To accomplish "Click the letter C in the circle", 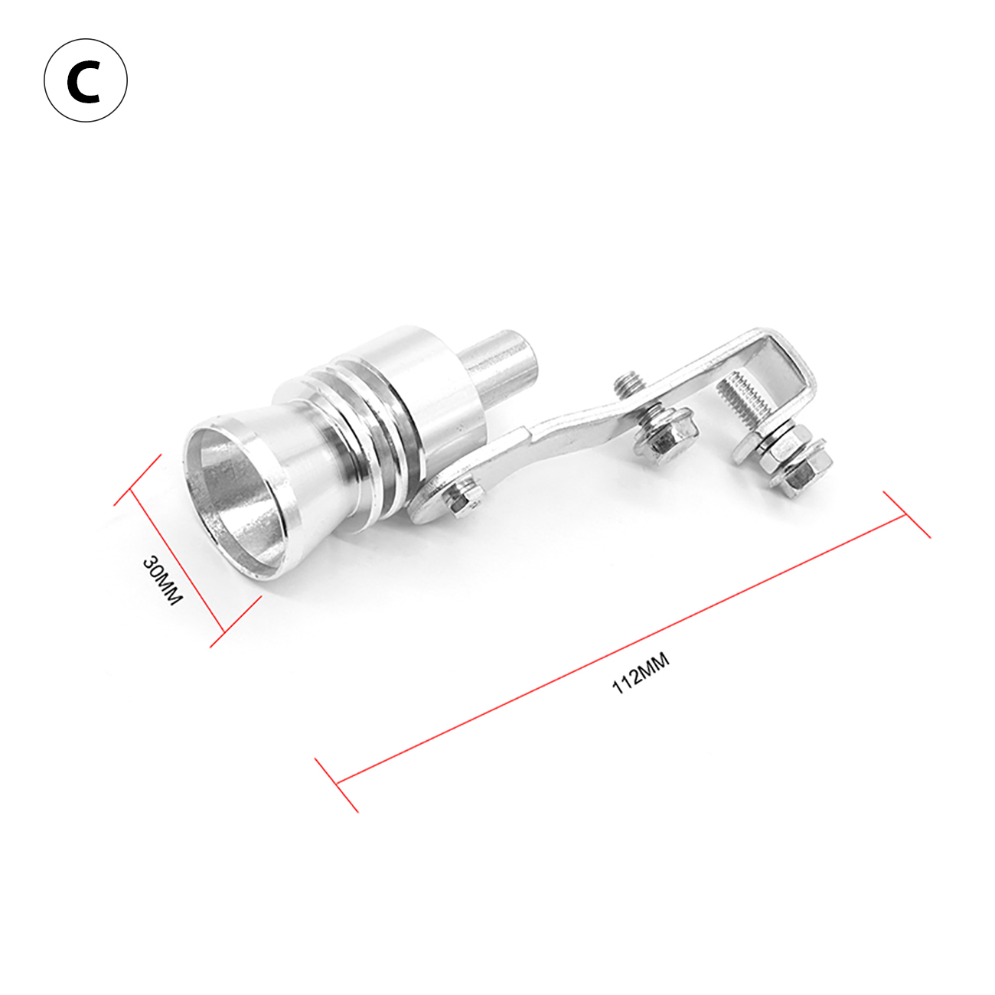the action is [x=85, y=82].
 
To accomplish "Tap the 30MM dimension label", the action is [x=162, y=580].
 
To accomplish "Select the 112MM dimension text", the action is [x=641, y=674].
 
